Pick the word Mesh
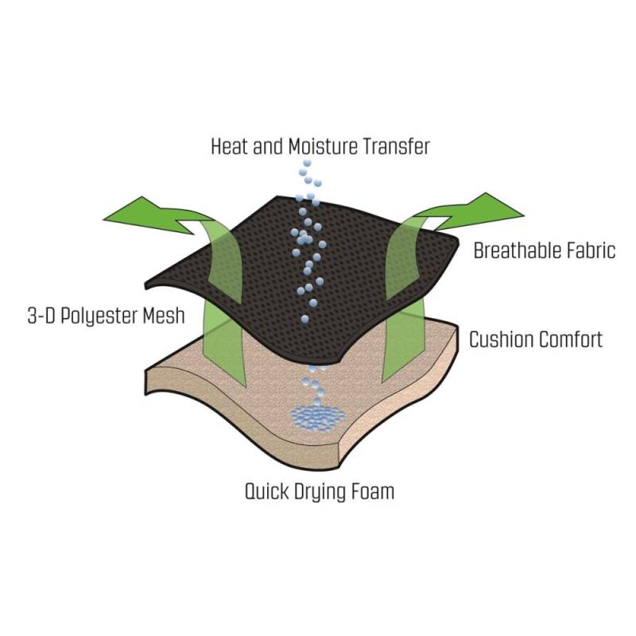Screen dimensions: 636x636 pyautogui.click(x=164, y=316)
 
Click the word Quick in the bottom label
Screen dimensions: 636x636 pyautogui.click(x=268, y=491)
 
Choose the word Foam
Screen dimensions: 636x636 pyautogui.click(x=374, y=491)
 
